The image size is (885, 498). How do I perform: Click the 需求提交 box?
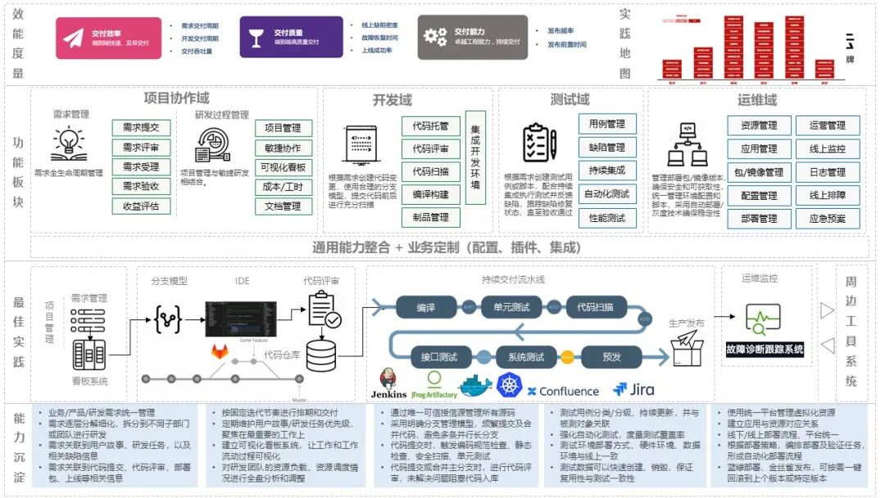click(x=141, y=128)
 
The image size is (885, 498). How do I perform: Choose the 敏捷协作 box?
click(x=284, y=148)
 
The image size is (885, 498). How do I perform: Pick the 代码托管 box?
click(x=430, y=127)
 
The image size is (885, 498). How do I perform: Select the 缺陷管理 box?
click(x=606, y=147)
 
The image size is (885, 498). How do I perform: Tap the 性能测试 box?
click(x=606, y=218)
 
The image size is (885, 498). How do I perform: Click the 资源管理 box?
click(x=759, y=126)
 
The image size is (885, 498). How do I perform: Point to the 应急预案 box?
click(x=828, y=219)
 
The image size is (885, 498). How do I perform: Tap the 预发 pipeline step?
click(x=611, y=357)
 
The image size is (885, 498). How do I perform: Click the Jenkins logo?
click(x=388, y=386)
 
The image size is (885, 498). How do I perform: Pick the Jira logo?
click(x=633, y=390)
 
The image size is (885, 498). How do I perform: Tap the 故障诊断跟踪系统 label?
click(x=765, y=350)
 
